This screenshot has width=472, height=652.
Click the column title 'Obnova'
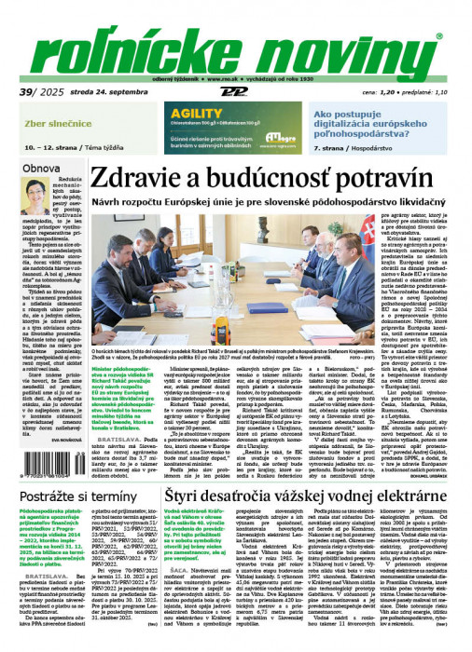41,169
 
